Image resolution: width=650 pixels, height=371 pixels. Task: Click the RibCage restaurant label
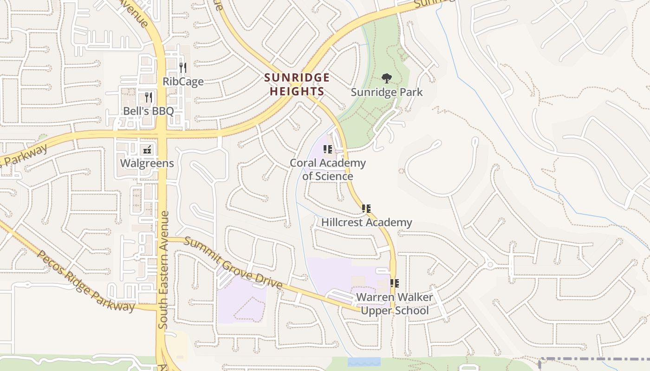pyautogui.click(x=183, y=82)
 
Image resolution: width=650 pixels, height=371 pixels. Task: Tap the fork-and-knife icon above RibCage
pyautogui.click(x=183, y=68)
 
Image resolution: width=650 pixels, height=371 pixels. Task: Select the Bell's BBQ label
pyautogui.click(x=148, y=111)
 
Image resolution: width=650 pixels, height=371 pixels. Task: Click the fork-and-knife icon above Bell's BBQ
pyautogui.click(x=149, y=97)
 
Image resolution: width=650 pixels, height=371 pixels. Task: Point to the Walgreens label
pyautogui.click(x=147, y=163)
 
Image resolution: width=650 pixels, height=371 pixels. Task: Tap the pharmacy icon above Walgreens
pyautogui.click(x=147, y=149)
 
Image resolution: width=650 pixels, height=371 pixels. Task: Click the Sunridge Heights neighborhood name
pyautogui.click(x=297, y=84)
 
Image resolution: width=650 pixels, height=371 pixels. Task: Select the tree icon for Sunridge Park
pyautogui.click(x=386, y=78)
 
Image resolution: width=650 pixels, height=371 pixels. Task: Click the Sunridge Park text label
pyautogui.click(x=387, y=92)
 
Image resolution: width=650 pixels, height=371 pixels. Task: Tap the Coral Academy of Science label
pyautogui.click(x=328, y=169)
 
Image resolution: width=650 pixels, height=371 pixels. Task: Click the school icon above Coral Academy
pyautogui.click(x=328, y=149)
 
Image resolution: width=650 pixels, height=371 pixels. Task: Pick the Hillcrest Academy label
pyautogui.click(x=367, y=222)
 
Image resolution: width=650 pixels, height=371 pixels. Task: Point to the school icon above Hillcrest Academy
pyautogui.click(x=366, y=209)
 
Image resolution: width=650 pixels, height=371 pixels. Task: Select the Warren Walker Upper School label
pyautogui.click(x=395, y=303)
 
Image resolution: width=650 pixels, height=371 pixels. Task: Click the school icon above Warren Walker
pyautogui.click(x=395, y=283)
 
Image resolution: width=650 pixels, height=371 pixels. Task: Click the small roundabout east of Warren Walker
pyautogui.click(x=490, y=265)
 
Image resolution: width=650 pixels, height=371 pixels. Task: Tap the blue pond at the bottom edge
pyautogui.click(x=364, y=362)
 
